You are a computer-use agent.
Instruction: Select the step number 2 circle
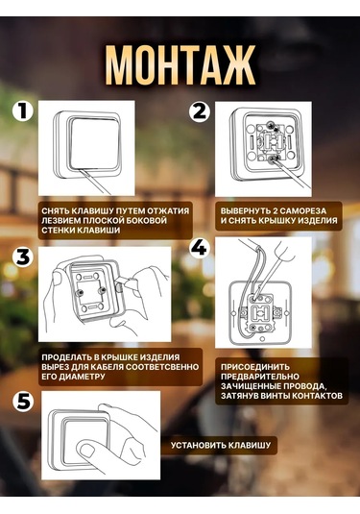point(199,110)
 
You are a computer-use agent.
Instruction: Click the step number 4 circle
point(199,248)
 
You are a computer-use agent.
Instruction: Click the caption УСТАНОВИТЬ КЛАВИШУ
point(223,446)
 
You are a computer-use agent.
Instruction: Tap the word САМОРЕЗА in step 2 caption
point(318,209)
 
